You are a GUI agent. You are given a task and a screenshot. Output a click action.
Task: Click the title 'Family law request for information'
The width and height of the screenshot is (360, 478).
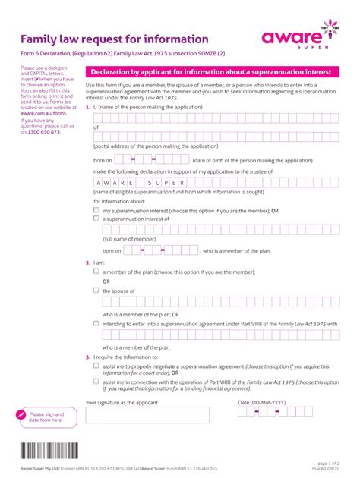[114, 39]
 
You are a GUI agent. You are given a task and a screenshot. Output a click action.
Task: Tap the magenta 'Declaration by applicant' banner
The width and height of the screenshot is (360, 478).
[212, 71]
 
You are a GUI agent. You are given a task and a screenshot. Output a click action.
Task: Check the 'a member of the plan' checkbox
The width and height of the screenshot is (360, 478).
[96, 271]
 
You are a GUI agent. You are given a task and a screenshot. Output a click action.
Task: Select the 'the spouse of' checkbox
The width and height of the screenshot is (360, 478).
[96, 290]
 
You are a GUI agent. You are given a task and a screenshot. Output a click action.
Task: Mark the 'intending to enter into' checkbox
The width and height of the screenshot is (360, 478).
[96, 322]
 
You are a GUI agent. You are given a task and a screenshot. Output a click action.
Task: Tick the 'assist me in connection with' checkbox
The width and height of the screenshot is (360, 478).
[96, 382]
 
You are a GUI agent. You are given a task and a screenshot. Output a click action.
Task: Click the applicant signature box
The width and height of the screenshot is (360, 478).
[147, 414]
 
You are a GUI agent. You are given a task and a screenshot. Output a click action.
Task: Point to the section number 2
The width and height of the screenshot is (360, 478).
[88, 263]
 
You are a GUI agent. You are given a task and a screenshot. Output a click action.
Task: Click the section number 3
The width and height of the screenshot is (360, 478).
[88, 357]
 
